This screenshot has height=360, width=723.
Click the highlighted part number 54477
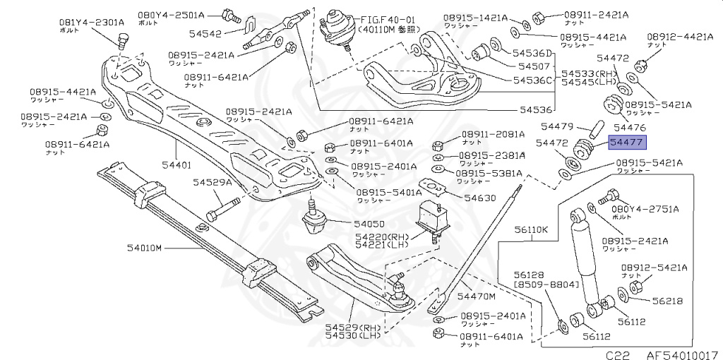coord(626,142)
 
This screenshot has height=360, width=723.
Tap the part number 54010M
coord(145,248)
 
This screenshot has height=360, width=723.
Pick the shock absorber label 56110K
coord(531,229)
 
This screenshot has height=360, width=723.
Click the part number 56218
coord(667,301)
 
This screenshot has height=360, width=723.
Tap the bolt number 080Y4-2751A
coord(645,209)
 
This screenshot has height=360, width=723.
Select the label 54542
coord(208,33)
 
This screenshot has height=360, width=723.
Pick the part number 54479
coord(557,127)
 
